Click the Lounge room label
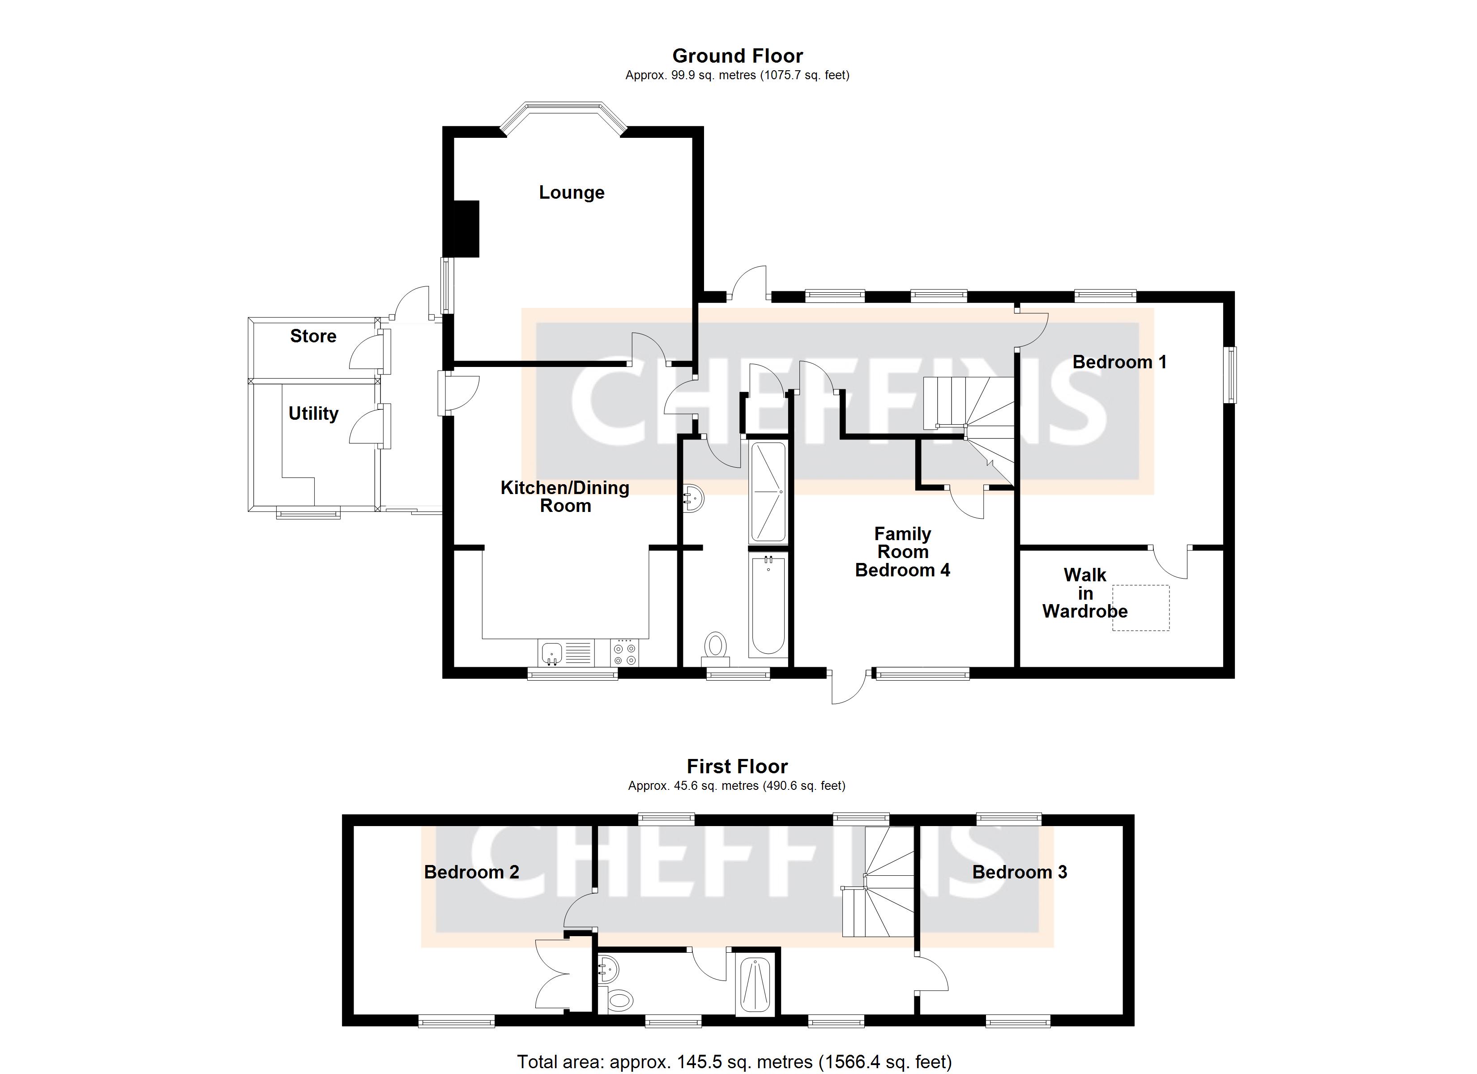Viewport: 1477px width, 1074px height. (x=571, y=193)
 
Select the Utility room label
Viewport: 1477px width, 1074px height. (x=313, y=413)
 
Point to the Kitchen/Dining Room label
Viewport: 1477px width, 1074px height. (x=565, y=497)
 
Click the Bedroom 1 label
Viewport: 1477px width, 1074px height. (x=1119, y=362)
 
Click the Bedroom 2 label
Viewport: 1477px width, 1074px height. (x=471, y=872)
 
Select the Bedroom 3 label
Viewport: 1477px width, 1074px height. (x=1019, y=872)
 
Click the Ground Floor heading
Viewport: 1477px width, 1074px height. (x=737, y=56)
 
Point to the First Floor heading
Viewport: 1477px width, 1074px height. (x=737, y=767)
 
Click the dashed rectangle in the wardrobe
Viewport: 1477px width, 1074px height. (x=1140, y=608)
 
